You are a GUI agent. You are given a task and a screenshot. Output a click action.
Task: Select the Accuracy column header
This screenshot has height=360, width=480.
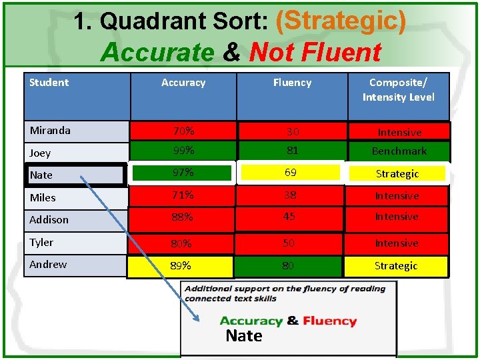(x=183, y=83)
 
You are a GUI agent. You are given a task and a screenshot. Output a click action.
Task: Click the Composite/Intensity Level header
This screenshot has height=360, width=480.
(x=398, y=90)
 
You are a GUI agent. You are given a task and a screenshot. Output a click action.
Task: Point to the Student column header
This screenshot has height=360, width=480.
(x=49, y=83)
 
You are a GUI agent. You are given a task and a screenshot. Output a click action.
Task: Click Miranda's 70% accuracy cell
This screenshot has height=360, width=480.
(x=183, y=131)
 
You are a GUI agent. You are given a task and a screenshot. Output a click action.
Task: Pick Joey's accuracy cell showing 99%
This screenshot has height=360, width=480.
(x=183, y=151)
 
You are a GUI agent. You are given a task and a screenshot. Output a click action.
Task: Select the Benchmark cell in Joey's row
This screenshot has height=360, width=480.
(x=398, y=151)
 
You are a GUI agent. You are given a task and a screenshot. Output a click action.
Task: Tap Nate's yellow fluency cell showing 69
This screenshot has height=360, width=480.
(x=291, y=173)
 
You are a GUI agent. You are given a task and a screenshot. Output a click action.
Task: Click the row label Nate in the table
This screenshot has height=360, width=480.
(x=41, y=175)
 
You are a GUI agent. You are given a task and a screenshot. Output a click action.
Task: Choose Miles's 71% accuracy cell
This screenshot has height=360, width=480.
(x=183, y=195)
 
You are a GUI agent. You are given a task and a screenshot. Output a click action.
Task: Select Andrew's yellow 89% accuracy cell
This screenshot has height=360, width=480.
(x=181, y=266)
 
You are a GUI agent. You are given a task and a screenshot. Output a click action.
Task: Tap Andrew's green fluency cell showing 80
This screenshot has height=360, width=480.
(x=288, y=266)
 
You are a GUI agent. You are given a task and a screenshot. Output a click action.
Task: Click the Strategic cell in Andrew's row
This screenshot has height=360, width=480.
(x=395, y=266)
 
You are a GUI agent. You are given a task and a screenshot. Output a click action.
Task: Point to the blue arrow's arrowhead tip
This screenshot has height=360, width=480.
(x=199, y=321)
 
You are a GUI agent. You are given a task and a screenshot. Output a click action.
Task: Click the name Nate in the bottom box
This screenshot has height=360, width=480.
(x=244, y=336)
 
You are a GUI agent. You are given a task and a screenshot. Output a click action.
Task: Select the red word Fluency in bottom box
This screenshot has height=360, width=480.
(x=329, y=321)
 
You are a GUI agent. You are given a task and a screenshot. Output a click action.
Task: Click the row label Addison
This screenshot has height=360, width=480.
(x=49, y=219)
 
